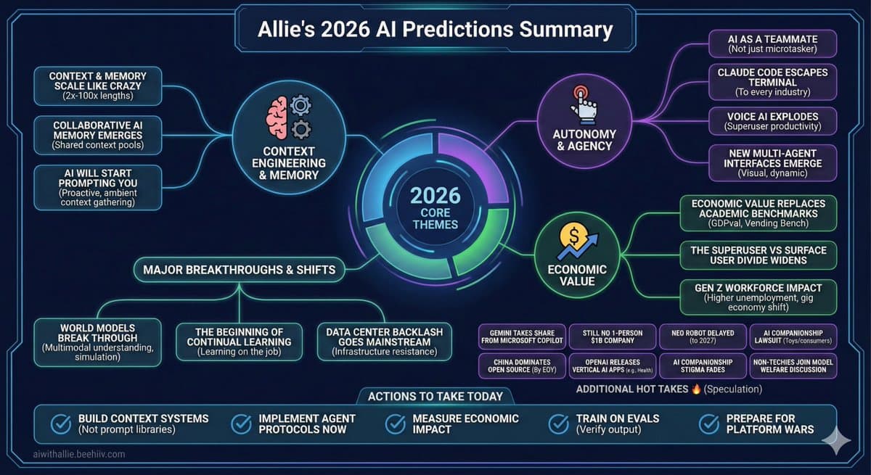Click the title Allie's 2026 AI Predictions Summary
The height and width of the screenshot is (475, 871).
click(435, 30)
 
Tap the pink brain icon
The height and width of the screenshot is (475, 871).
click(279, 118)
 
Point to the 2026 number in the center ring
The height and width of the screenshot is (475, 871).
click(435, 196)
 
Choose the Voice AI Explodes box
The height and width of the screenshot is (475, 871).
click(772, 120)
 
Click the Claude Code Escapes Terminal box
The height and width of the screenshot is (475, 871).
click(772, 82)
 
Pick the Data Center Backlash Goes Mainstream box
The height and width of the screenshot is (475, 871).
click(385, 341)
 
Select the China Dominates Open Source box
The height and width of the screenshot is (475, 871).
click(521, 365)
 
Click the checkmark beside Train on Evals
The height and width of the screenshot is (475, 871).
click(558, 424)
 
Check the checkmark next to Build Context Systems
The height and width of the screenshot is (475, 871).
click(61, 424)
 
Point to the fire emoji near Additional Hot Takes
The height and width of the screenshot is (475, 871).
click(696, 389)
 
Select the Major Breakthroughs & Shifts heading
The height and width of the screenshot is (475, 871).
click(240, 270)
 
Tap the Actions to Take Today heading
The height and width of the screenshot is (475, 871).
click(435, 396)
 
